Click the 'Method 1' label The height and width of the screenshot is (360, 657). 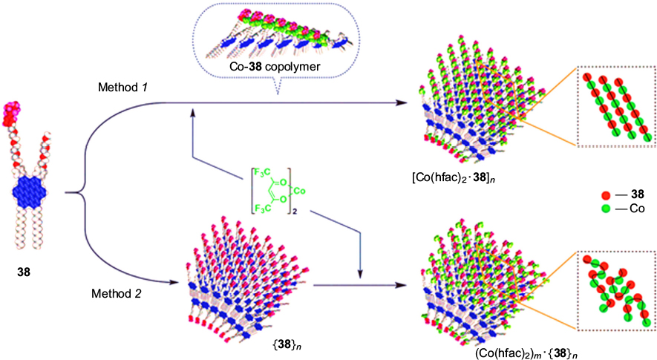pyautogui.click(x=124, y=88)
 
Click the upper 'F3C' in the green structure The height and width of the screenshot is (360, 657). pyautogui.click(x=265, y=172)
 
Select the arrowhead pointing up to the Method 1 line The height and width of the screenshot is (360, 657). pyautogui.click(x=193, y=110)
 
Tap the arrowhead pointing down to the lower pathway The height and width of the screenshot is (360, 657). pyautogui.click(x=361, y=276)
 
